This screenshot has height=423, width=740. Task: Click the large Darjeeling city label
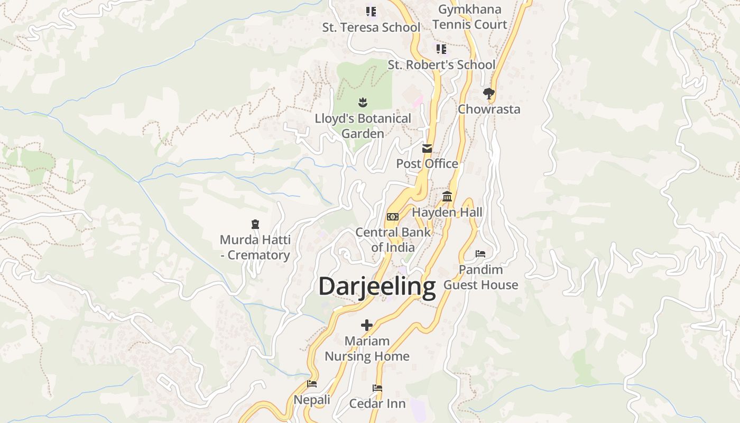(x=377, y=286)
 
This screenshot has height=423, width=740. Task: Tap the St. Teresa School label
(x=371, y=27)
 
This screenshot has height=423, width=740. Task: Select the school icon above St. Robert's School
(x=441, y=49)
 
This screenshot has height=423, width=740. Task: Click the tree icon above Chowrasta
(x=489, y=94)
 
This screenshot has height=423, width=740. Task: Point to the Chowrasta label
(x=489, y=109)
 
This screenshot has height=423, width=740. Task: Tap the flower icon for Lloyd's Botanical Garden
(x=363, y=102)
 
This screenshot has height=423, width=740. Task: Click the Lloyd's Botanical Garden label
(x=363, y=126)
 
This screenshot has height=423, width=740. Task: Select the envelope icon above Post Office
(x=427, y=149)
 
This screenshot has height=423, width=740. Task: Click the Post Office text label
(x=427, y=164)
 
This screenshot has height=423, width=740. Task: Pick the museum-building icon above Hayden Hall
(x=447, y=197)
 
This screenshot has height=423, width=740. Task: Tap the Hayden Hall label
(x=447, y=213)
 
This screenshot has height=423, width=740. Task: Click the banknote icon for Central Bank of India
(x=393, y=217)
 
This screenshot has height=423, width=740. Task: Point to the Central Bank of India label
(x=393, y=240)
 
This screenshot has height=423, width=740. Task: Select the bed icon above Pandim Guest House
(x=480, y=254)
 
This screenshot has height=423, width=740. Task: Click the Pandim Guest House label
(x=480, y=277)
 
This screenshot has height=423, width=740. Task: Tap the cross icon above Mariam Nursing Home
(x=367, y=325)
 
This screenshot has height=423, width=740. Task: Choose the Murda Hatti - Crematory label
(x=255, y=247)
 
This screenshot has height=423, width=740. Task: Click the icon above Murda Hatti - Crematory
(x=255, y=224)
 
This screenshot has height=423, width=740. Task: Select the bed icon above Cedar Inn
(x=377, y=388)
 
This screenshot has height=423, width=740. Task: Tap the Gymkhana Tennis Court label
(x=470, y=17)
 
